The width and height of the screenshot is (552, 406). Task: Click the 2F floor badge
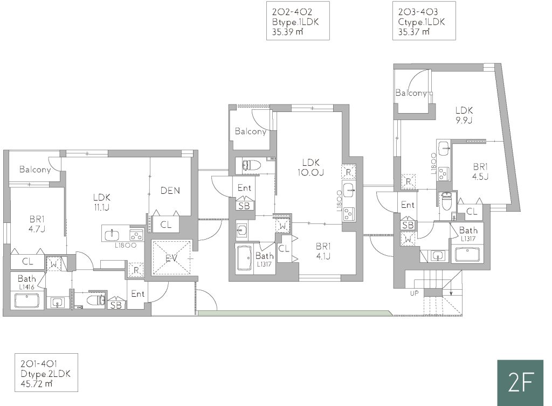tap(520, 382)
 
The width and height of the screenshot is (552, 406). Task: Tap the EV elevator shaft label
tap(171, 258)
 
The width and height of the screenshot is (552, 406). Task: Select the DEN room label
tap(170, 191)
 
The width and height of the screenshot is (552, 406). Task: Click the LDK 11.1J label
tap(102, 202)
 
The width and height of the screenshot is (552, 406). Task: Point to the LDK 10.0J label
tap(310, 167)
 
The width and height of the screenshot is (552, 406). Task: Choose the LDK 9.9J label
tap(464, 115)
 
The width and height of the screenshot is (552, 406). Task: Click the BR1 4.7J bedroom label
tap(37, 224)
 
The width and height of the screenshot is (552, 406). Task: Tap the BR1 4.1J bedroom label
tap(323, 251)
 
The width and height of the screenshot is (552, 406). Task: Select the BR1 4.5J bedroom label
tap(480, 171)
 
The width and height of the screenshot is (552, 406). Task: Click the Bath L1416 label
tap(27, 282)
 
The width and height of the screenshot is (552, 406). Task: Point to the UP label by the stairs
tap(414, 293)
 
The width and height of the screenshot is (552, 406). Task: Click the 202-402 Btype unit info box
tap(298, 21)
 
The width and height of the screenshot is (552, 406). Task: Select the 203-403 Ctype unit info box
tap(424, 21)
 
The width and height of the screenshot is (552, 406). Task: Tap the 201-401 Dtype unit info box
tap(46, 373)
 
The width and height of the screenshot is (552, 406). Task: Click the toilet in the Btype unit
tap(251, 165)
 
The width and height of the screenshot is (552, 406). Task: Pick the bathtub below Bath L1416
tap(27, 301)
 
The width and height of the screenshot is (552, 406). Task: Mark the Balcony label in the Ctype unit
tap(411, 93)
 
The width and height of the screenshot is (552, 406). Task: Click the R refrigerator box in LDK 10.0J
tap(348, 172)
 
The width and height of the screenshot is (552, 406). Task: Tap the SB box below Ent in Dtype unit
tap(116, 305)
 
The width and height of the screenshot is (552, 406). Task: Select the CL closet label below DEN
tap(166, 225)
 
